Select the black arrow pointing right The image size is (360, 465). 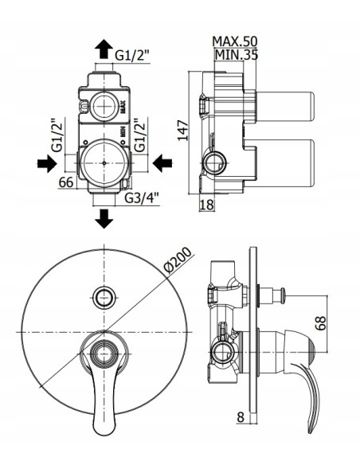46,163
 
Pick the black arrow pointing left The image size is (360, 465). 162,163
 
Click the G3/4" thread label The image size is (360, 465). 141,197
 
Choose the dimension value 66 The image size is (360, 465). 66,182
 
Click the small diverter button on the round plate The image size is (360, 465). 102,297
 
